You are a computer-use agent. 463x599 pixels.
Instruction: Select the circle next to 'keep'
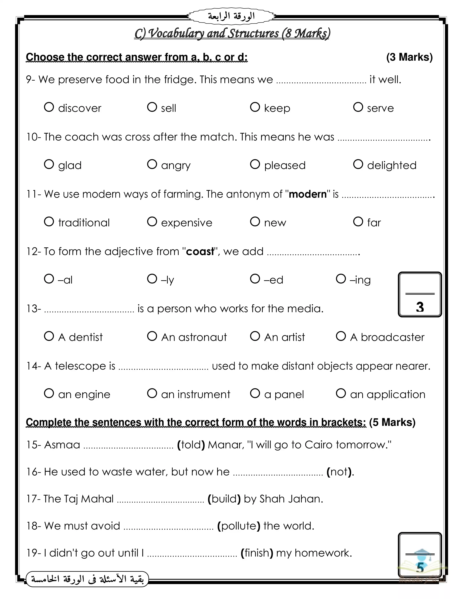pyautogui.click(x=255, y=107)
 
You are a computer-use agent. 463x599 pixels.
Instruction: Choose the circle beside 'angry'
pyautogui.click(x=152, y=164)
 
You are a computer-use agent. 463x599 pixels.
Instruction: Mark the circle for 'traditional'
pyautogui.click(x=49, y=222)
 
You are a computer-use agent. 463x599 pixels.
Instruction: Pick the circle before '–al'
pyautogui.click(x=49, y=279)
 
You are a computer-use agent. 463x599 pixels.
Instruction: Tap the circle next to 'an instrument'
pyautogui.click(x=152, y=393)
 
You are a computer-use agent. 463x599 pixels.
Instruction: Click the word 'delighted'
pyautogui.click(x=392, y=165)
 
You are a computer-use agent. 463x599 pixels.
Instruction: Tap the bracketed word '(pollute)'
pyautogui.click(x=239, y=526)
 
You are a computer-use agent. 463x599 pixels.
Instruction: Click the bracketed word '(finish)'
pyautogui.click(x=257, y=553)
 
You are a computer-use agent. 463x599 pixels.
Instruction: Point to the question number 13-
pyautogui.click(x=33, y=309)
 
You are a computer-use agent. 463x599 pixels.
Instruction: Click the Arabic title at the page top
pyautogui.click(x=231, y=17)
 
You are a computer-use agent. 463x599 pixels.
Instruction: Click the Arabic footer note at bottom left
pyautogui.click(x=87, y=579)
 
